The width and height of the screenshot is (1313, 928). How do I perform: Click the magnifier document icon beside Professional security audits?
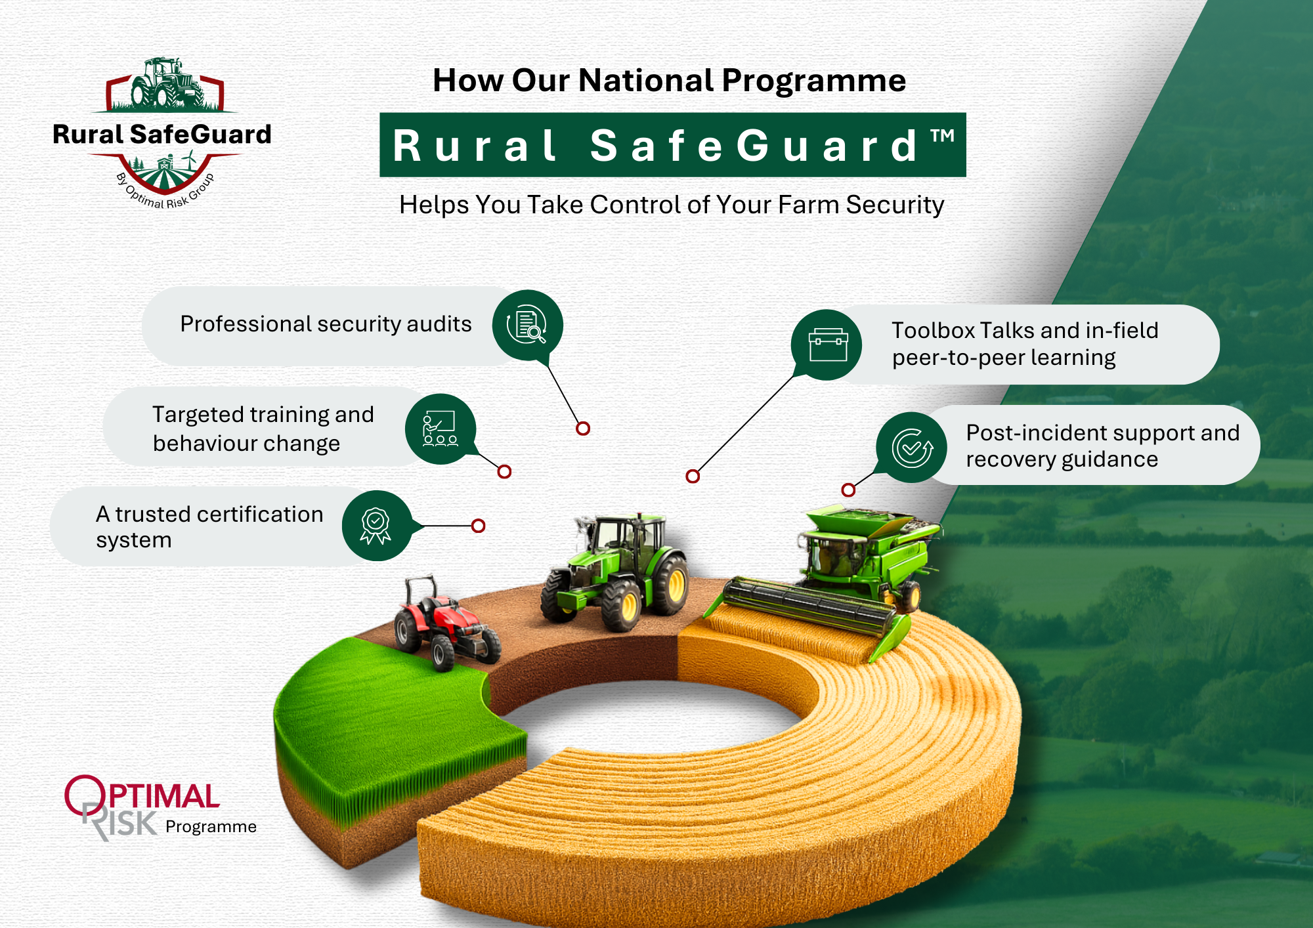pos(527,325)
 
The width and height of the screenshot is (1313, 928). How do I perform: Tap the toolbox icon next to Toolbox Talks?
pos(827,345)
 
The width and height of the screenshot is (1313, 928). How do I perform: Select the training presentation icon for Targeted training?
pos(440,429)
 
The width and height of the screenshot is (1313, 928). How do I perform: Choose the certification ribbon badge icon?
pos(376,526)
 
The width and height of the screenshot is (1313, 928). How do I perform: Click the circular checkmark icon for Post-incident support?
pos(911,448)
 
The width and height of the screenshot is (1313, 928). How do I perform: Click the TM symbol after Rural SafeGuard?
pos(942,137)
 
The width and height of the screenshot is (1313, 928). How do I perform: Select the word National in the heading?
pos(646,81)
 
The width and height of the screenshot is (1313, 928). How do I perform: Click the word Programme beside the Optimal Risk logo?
pos(211,827)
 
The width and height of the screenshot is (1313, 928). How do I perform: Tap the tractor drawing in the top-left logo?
pos(164,84)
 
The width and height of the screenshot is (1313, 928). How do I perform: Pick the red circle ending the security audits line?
pos(583,429)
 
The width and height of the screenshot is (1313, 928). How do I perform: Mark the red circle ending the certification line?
pos(479,526)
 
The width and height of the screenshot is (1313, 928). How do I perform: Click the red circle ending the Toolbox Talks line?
pos(693,476)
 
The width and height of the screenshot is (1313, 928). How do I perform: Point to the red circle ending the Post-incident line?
pos(848,490)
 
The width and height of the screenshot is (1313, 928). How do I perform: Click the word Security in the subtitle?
pos(894,205)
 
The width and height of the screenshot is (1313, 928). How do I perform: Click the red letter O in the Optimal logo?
pos(84,795)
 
